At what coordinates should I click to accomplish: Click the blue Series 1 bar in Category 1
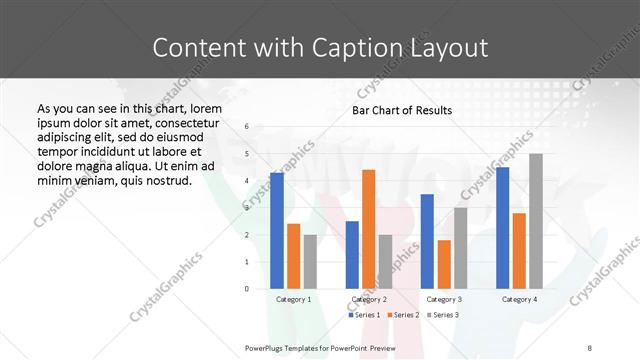tap(277, 231)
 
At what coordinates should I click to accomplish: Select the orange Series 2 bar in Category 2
tap(368, 229)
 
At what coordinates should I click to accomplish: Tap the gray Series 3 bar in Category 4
tap(536, 221)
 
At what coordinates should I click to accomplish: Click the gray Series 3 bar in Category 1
tap(310, 262)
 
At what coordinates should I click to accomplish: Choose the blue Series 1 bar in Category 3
tap(427, 241)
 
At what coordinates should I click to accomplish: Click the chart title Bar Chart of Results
tap(402, 110)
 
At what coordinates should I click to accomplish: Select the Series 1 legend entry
tap(364, 315)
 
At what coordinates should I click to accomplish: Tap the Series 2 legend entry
tap(404, 315)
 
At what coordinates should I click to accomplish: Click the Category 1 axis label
tap(293, 299)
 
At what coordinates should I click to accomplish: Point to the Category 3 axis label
tap(443, 299)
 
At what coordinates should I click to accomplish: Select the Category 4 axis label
tap(519, 299)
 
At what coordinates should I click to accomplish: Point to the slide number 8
tap(590, 347)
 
